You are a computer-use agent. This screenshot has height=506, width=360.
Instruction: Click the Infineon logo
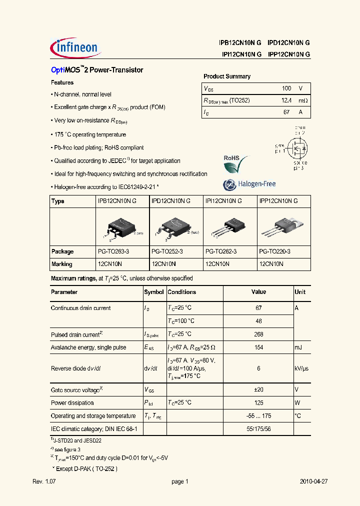pos(75,47)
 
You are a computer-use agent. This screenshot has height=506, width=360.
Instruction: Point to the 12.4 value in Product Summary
pos(286,100)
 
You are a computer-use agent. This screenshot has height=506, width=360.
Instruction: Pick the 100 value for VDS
pos(286,88)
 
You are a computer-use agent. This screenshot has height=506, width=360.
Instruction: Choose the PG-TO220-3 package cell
pos(274,251)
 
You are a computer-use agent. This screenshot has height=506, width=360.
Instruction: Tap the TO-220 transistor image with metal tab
pos(283,227)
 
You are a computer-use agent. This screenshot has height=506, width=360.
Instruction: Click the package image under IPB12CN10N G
pos(121,227)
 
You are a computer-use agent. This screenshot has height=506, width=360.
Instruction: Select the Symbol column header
pos(153,292)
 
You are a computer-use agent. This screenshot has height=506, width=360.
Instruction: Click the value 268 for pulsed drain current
pos(258,334)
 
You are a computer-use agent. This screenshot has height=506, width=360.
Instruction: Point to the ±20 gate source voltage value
pos(258,389)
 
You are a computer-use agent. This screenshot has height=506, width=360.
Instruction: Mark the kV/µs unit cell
pos(301,368)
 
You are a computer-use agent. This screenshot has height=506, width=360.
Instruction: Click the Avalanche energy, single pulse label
pos(88,347)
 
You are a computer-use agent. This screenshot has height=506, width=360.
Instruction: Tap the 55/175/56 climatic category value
pos(258,429)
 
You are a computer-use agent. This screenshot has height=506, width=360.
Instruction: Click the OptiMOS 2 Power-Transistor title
pos(97,70)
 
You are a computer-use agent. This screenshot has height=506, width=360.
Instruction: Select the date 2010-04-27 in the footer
pos(313,481)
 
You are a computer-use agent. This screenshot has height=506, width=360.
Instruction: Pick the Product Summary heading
pos(226,76)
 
